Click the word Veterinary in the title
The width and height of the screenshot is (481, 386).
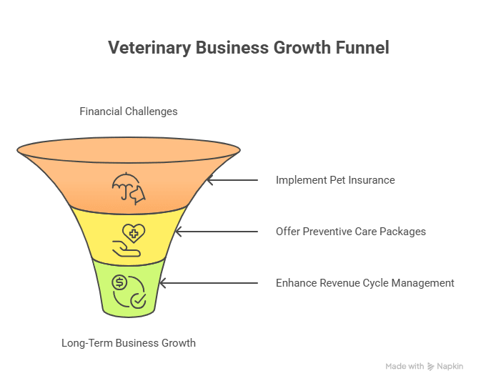tap(144, 48)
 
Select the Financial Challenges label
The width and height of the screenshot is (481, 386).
tap(129, 112)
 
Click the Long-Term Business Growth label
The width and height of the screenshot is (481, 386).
tap(129, 343)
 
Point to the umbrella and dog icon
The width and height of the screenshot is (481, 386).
tap(129, 187)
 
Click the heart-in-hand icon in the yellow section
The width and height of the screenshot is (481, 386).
tap(129, 240)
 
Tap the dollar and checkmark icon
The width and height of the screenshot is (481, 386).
tap(129, 292)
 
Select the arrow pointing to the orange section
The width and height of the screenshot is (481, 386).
tap(232, 180)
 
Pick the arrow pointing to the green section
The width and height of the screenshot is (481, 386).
tap(207, 283)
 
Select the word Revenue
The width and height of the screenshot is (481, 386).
tap(339, 283)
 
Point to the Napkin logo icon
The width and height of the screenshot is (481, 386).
tap(431, 366)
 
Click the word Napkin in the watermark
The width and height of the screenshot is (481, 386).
tap(450, 366)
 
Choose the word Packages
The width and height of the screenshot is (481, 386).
tap(401, 232)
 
